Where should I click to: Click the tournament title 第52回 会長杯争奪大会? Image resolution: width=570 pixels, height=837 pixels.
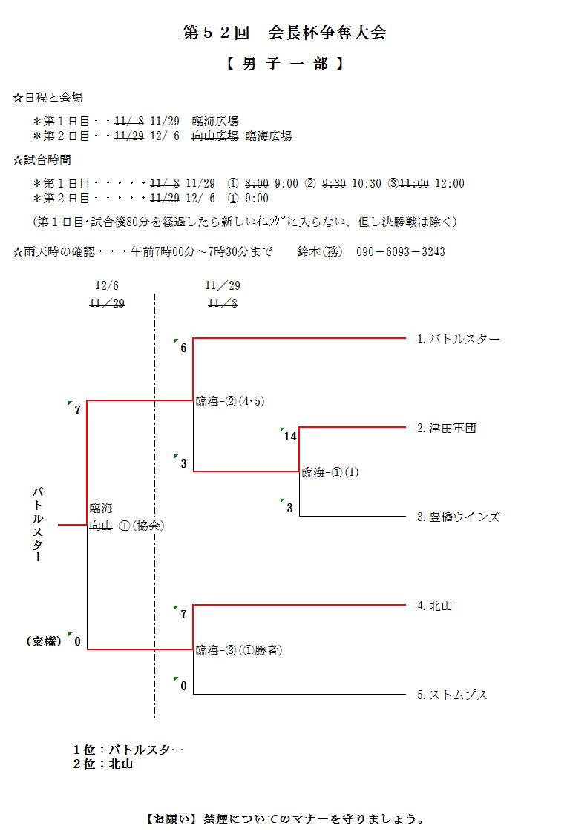coord(284,33)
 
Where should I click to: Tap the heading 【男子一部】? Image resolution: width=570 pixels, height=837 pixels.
coord(284,64)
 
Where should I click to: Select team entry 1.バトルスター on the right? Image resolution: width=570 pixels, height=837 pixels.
coord(458,340)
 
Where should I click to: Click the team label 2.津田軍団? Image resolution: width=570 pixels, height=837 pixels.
coord(446,429)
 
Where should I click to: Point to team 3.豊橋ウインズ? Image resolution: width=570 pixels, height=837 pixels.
coord(458,517)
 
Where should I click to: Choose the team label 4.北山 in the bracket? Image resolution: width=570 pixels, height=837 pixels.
coord(434,606)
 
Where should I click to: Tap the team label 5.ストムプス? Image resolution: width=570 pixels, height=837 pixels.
coord(452,695)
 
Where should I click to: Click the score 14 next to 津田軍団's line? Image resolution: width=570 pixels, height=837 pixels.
coord(290,437)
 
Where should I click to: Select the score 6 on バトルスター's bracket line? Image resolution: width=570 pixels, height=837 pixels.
coord(183,348)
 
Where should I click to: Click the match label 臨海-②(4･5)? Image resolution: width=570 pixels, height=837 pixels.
coord(230,402)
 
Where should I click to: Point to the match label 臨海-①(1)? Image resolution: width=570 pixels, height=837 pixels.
coord(330,472)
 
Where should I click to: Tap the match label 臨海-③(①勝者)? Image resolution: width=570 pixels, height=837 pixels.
coord(239,651)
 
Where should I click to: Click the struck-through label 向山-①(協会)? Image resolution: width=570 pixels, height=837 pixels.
coord(127,526)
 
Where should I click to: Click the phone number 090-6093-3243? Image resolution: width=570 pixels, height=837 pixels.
coord(401,251)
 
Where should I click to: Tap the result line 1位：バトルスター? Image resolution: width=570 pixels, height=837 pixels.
coord(128,750)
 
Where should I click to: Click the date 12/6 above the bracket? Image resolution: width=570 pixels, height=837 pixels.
coord(107,285)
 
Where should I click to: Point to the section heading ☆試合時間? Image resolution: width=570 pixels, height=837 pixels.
coord(42,159)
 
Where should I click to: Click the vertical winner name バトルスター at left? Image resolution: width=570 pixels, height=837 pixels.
coord(37,524)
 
